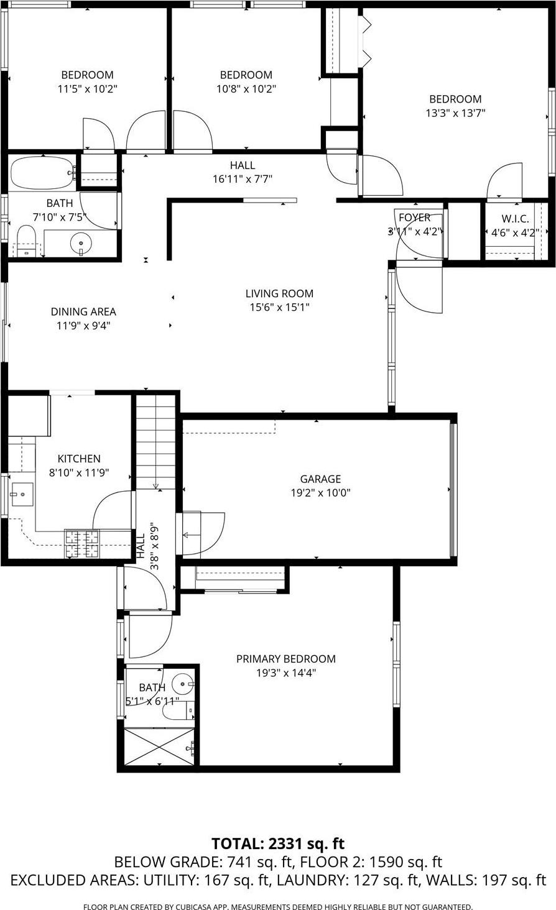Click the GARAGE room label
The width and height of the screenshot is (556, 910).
click(320, 479)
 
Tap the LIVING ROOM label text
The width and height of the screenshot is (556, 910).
click(279, 293)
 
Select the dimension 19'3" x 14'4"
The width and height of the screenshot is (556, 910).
click(285, 673)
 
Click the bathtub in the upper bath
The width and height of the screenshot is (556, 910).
click(42, 173)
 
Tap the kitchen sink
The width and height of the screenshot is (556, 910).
click(21, 494)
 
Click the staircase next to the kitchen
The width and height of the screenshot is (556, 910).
click(155, 441)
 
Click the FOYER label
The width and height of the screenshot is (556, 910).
click(414, 218)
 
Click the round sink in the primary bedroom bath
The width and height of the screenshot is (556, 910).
click(182, 684)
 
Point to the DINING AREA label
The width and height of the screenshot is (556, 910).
click(83, 311)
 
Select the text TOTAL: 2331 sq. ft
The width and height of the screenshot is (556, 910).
click(277, 843)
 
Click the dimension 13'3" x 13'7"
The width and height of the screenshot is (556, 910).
click(456, 113)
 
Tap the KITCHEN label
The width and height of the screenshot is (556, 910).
click(79, 459)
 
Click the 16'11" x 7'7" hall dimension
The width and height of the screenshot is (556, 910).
click(243, 179)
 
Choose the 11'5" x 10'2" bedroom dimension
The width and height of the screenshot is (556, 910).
click(87, 89)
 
